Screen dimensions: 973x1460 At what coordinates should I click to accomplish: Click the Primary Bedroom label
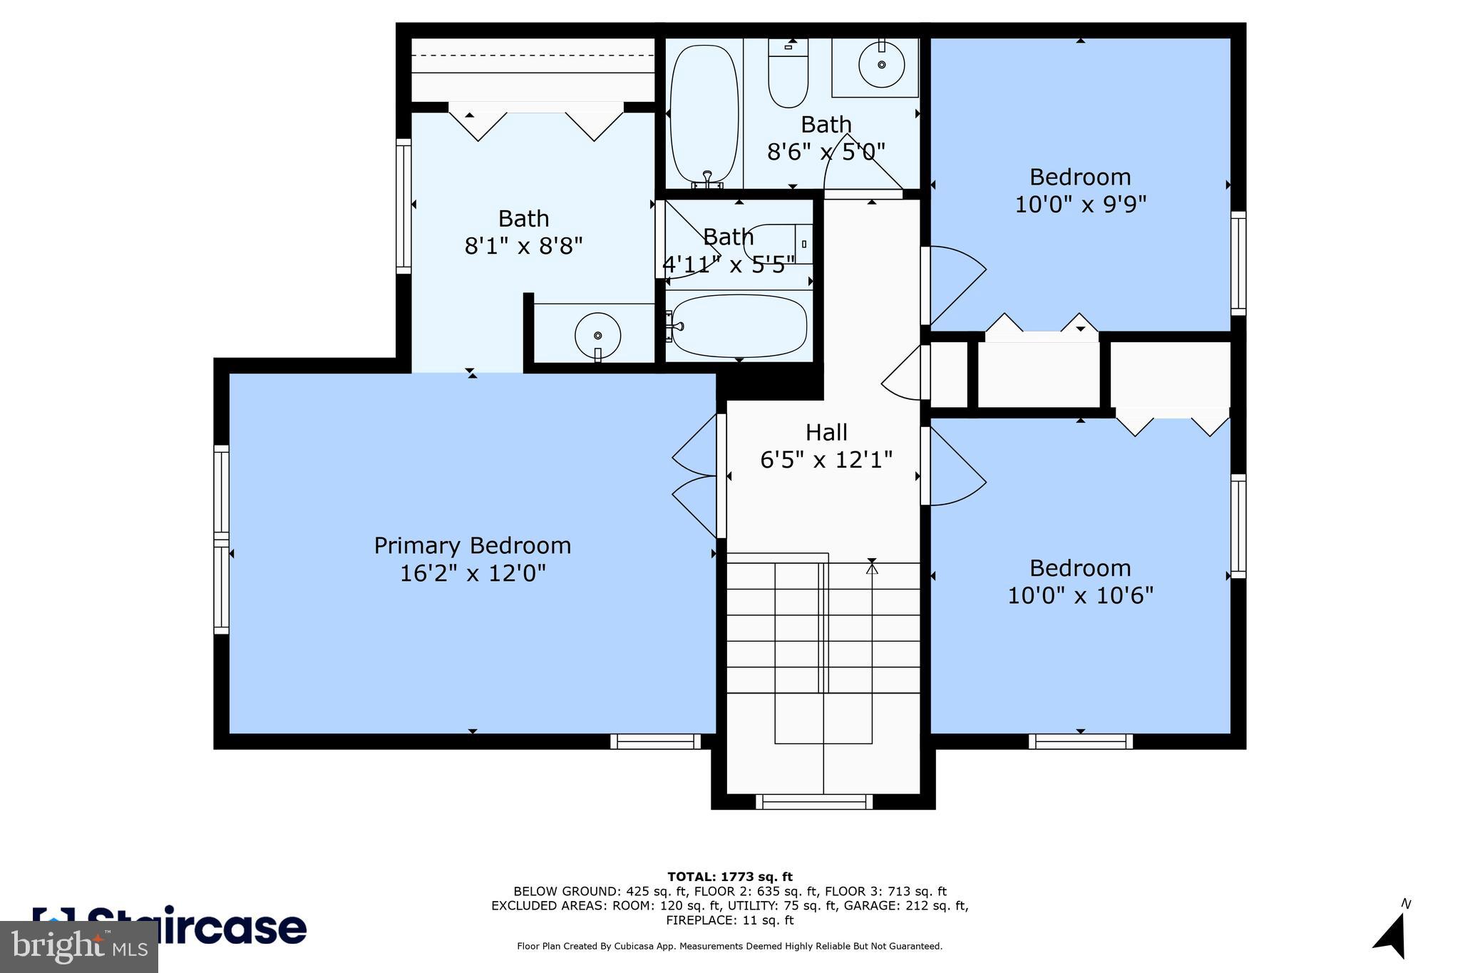[x=472, y=546]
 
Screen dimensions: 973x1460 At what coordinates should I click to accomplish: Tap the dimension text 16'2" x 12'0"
[x=472, y=574]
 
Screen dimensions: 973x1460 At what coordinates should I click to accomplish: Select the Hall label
[x=826, y=433]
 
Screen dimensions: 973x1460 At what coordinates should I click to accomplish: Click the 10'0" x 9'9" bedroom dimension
[x=1080, y=205]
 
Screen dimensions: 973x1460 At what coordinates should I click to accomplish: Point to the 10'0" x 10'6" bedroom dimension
[x=1080, y=595]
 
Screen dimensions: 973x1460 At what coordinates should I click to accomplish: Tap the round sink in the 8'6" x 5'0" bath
[x=881, y=65]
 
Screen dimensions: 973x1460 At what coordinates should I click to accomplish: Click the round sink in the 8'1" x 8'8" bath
[x=597, y=335]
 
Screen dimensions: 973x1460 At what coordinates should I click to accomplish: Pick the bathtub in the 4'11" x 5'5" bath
[x=739, y=326]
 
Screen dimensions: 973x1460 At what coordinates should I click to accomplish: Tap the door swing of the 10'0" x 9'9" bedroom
[x=955, y=285]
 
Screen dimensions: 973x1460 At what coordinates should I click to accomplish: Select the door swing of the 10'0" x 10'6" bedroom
[x=955, y=467]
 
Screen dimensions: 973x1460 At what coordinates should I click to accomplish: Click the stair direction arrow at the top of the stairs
[x=872, y=567]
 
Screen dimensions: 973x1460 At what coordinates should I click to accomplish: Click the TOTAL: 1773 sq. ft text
[x=729, y=877]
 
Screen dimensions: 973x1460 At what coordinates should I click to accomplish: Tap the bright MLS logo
[x=78, y=947]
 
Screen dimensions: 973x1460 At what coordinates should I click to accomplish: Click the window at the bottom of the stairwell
[x=813, y=802]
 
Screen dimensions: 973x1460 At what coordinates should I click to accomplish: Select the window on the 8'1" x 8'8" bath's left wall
[x=403, y=206]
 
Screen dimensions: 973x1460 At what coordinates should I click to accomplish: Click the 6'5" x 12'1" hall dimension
[x=826, y=460]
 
